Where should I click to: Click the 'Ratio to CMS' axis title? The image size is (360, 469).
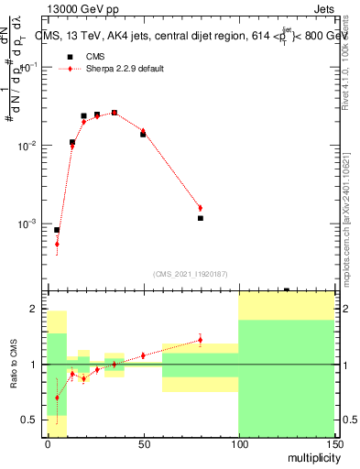14,365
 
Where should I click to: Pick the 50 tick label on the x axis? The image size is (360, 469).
143,444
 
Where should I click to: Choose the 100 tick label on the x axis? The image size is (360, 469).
238,444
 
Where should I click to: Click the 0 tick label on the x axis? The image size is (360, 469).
48,444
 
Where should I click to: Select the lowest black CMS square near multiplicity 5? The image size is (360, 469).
57,230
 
